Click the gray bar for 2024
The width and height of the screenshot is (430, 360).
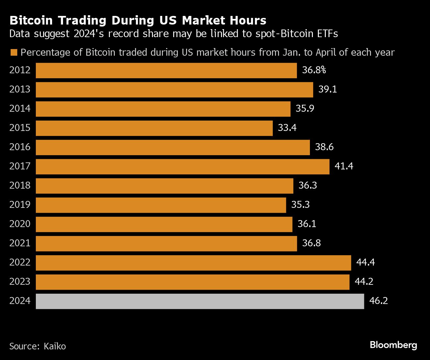click(200, 301)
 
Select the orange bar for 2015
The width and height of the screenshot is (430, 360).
click(154, 128)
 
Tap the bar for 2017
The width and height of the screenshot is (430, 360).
click(182, 167)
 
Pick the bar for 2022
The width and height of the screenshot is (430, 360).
click(193, 263)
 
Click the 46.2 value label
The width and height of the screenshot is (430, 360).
click(379, 301)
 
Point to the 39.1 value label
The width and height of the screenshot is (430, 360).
click(327, 90)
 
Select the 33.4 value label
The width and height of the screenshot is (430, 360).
click(287, 128)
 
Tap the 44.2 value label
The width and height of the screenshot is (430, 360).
click(364, 282)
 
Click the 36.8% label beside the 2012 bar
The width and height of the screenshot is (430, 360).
click(314, 70)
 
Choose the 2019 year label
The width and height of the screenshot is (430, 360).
click(20, 205)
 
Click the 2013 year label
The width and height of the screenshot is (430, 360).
click(20, 90)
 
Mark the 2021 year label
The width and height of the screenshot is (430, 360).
click(20, 243)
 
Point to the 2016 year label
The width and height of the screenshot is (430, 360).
click(20, 147)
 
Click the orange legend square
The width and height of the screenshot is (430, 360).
click(14, 53)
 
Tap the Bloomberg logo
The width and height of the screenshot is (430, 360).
click(393, 345)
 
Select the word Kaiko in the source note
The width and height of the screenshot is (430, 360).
click(55, 346)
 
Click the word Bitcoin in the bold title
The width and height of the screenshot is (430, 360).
click(31, 21)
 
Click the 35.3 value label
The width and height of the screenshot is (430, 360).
click(300, 205)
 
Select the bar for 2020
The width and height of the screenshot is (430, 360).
click(164, 224)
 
